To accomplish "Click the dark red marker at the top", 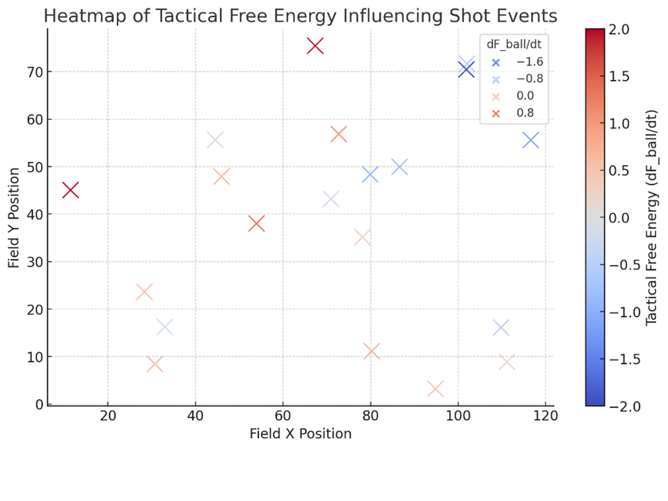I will click(315, 46).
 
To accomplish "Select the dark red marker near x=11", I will click(70, 190).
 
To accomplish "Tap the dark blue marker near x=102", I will click(466, 70).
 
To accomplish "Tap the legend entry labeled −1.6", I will click(529, 62).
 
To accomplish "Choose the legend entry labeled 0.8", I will click(525, 113).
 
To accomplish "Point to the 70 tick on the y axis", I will click(35, 72).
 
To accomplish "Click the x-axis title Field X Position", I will click(301, 434).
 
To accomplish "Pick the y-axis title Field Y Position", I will click(15, 216).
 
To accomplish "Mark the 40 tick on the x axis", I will click(195, 417).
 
